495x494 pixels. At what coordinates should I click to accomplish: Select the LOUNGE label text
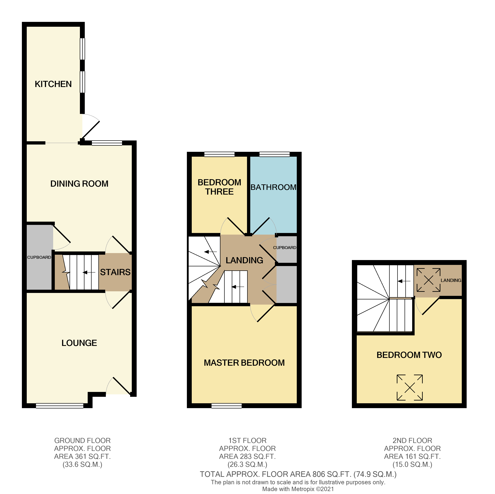(x=79, y=343)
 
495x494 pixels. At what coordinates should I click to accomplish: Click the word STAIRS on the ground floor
(x=115, y=272)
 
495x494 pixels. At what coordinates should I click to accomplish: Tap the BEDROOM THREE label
(x=219, y=187)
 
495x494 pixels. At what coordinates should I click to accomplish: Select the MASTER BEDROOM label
(x=244, y=363)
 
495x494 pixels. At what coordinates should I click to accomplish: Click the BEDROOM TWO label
(x=409, y=355)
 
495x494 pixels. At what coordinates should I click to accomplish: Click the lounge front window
(x=59, y=406)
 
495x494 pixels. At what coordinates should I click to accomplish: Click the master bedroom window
(x=226, y=406)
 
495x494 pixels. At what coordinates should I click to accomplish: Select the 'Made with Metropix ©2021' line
(x=298, y=489)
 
